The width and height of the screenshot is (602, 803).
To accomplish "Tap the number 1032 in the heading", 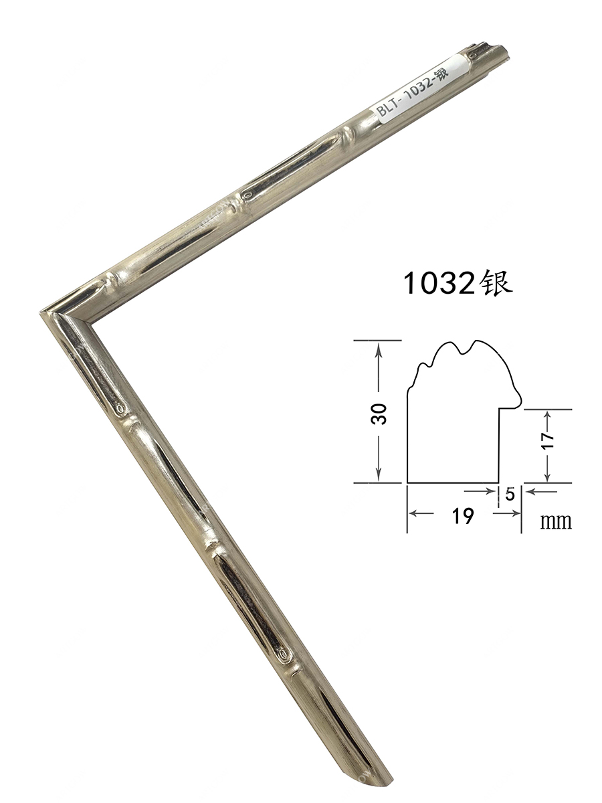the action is (439, 284).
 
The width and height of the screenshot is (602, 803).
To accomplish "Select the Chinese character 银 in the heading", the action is (494, 283).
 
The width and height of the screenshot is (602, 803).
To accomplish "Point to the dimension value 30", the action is (379, 414).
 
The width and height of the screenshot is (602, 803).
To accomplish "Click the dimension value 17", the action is (548, 440).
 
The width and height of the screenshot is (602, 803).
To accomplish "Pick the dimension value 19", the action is (463, 516).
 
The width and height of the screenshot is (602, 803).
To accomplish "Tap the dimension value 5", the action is (510, 495).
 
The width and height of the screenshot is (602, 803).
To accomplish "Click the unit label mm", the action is (556, 522).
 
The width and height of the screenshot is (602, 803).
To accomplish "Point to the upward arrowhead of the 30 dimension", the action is (379, 349).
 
